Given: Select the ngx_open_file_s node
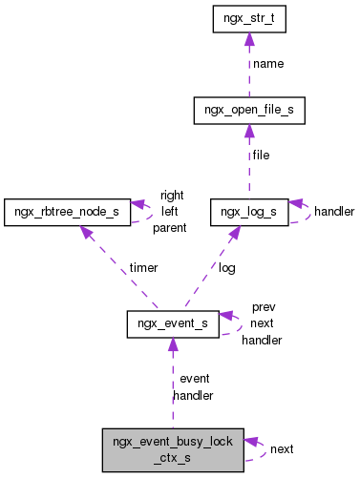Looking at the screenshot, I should coord(248,112).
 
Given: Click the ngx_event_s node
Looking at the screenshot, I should coord(173,324).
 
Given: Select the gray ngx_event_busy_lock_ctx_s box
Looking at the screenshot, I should coord(173,448).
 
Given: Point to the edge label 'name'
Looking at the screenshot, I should coord(268,65).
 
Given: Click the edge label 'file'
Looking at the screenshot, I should coord(262,155).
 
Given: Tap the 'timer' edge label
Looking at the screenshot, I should coord(144,268).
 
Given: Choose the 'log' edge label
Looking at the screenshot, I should coord(227,268).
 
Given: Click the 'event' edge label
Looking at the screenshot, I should coord(195,379).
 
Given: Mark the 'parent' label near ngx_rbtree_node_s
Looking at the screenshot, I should coord(169,227).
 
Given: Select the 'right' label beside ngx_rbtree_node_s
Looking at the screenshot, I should coord(172,195).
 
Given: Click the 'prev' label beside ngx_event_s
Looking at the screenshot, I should coord(264,307).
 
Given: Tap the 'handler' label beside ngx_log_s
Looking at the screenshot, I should coord(334,211).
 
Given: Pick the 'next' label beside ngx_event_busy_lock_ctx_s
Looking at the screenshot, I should coord(282,448).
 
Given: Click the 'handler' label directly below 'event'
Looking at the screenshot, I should coord(193,395).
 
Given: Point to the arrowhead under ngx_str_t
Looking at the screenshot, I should coord(248,39).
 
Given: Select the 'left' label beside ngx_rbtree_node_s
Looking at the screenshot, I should coord(170,211).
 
